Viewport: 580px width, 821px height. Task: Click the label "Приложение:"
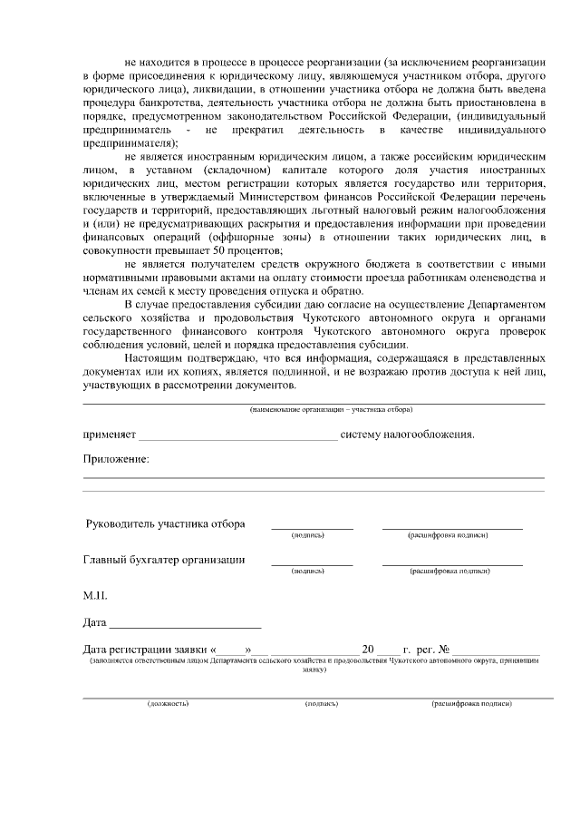click(116, 459)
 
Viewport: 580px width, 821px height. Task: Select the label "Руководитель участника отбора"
click(164, 524)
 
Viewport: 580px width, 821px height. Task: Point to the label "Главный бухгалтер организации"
click(164, 560)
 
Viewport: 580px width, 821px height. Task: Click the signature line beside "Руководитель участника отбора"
click(312, 526)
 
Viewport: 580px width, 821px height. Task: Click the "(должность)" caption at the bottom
click(168, 703)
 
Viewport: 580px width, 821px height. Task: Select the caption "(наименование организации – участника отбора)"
click(313, 410)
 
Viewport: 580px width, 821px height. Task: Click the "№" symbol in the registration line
click(444, 650)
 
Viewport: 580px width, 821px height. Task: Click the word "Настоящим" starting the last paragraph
click(153, 358)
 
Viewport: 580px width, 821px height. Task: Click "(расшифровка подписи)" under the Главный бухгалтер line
click(450, 572)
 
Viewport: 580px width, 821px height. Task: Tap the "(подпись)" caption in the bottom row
click(322, 703)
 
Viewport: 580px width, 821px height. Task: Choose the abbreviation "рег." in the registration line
click(424, 650)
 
